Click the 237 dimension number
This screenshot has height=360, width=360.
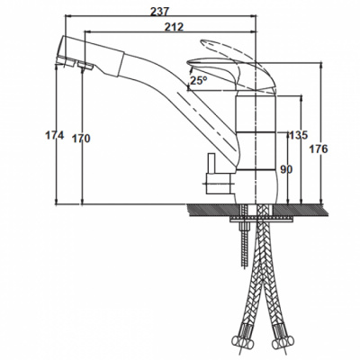pyautogui.click(x=159, y=12)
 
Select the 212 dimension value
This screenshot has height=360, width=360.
pyautogui.click(x=174, y=27)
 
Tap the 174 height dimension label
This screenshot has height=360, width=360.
pyautogui.click(x=55, y=136)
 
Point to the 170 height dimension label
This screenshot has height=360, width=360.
pyautogui.click(x=81, y=139)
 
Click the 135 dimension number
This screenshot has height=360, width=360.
pyautogui.click(x=299, y=135)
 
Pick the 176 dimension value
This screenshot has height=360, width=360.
pyautogui.click(x=319, y=149)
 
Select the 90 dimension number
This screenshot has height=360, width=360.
pyautogui.click(x=286, y=170)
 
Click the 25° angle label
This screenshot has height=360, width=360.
pyautogui.click(x=199, y=80)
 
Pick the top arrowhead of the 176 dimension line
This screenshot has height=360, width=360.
pyautogui.click(x=321, y=67)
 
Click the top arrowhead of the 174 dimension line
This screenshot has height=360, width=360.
pyautogui.click(x=57, y=68)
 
